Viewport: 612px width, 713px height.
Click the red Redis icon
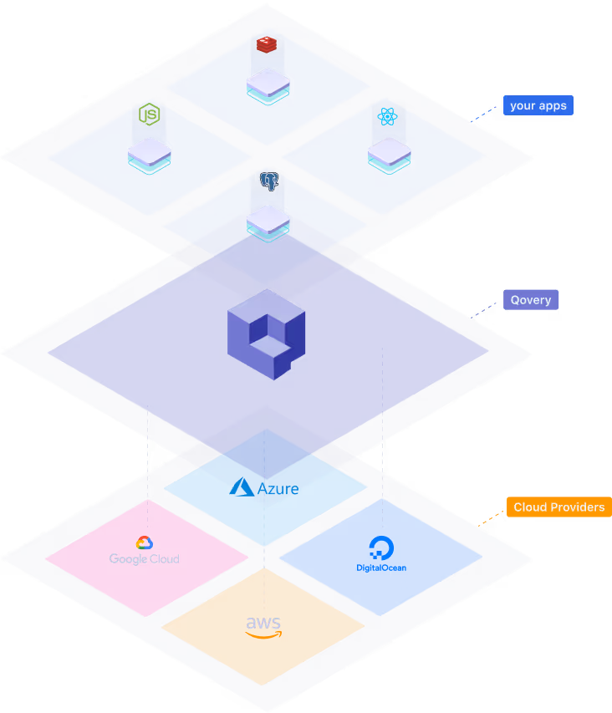click(267, 44)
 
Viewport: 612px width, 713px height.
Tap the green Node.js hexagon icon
click(149, 114)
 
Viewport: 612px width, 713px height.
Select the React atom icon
click(388, 115)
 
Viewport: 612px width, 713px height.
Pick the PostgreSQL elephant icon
click(268, 181)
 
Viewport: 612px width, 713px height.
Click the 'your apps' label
click(538, 105)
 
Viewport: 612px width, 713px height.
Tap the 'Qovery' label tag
click(530, 299)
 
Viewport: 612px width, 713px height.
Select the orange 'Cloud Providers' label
click(558, 507)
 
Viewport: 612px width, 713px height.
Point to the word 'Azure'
click(278, 488)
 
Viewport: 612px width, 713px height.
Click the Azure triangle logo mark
click(242, 486)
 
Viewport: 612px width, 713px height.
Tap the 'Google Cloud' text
click(144, 559)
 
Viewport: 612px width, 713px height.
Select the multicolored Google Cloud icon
click(144, 543)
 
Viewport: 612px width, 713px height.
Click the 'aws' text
click(263, 624)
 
